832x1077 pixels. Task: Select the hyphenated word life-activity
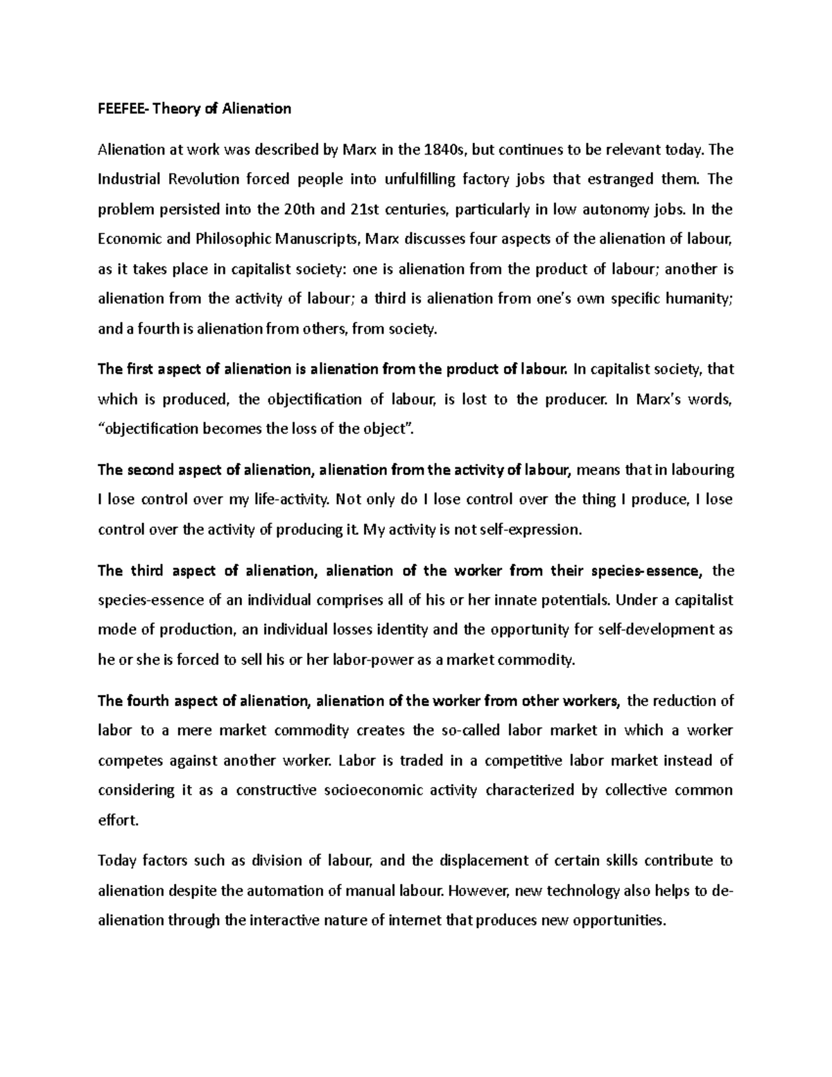coord(297,499)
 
